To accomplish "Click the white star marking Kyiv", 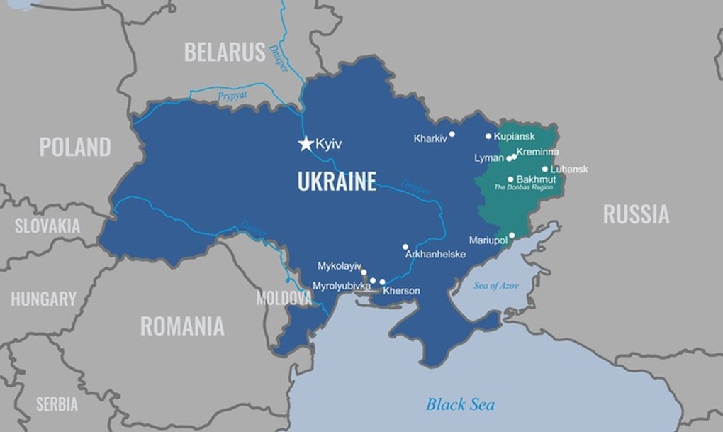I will click(306, 144).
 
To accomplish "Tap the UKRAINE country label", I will click(337, 182).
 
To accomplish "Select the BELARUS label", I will click(225, 52).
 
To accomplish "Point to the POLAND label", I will click(75, 147).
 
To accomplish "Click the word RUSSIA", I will click(636, 214).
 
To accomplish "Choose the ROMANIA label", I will click(182, 326).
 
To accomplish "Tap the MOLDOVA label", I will click(284, 298).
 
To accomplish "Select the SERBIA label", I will click(57, 404).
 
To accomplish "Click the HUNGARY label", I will click(43, 299).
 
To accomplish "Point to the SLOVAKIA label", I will click(47, 226).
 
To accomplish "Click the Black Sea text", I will click(460, 404).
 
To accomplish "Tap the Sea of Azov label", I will click(496, 285).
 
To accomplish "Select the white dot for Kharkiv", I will click(452, 134).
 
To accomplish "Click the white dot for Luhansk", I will click(545, 169).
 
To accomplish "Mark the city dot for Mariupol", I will click(512, 236).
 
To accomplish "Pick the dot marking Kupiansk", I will click(488, 136).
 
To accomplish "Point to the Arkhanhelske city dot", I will click(405, 247).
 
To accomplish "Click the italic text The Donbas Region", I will click(523, 187).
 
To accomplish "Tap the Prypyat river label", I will click(232, 94).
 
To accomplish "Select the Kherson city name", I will click(401, 291).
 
